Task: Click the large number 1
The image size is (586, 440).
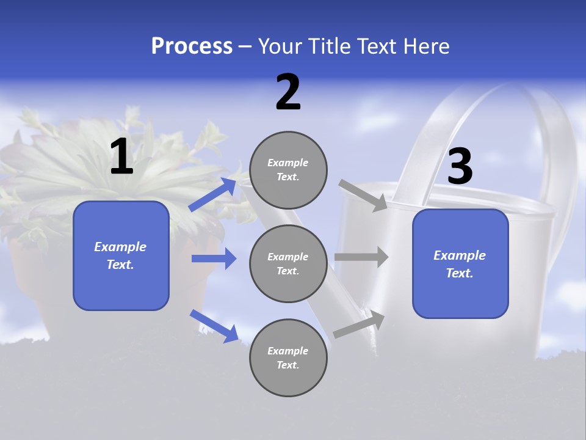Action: (121, 157)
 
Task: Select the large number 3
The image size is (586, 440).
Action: (460, 167)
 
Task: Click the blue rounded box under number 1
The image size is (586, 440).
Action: (121, 255)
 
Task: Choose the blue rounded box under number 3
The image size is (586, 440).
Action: (460, 263)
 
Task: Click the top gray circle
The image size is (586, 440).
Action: (288, 170)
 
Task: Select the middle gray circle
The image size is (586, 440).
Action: (288, 263)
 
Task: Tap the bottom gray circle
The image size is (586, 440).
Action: (288, 358)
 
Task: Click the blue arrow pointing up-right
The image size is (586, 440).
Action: (212, 194)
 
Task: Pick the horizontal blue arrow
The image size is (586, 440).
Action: (214, 258)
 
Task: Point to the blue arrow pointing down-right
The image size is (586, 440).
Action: (214, 325)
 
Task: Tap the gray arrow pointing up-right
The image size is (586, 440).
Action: (359, 324)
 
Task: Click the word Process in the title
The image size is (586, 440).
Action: (192, 46)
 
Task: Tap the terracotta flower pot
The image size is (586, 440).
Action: (37, 269)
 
